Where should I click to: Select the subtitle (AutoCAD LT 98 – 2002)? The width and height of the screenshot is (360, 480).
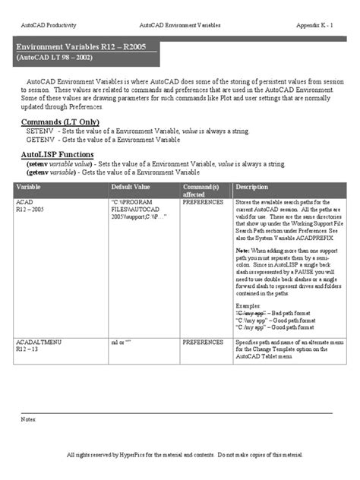55,58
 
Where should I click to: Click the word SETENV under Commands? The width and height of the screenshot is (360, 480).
38,131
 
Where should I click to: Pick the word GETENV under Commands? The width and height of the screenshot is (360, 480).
38,140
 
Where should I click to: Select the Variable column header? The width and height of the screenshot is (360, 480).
28,186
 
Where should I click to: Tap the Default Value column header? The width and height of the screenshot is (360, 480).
131,186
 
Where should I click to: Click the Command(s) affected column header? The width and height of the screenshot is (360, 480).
201,190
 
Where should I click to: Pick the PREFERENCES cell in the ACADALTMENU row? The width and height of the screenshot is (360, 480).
203,343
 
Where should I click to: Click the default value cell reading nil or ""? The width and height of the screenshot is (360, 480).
121,343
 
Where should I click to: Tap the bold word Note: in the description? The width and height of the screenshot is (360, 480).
242,250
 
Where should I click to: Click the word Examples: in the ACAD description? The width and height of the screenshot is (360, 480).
248,305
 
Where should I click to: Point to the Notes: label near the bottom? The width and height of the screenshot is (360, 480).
28,418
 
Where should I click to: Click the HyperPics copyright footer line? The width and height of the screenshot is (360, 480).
179,454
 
